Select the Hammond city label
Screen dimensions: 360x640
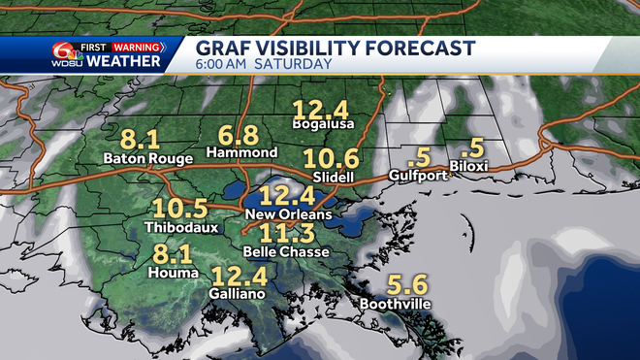[242, 153]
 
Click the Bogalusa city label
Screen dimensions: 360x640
[324, 124]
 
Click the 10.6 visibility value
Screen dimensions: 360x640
[330, 157]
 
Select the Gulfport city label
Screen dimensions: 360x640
[418, 176]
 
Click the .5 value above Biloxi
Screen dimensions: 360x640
[472, 147]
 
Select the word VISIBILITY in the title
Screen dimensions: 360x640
[301, 48]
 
